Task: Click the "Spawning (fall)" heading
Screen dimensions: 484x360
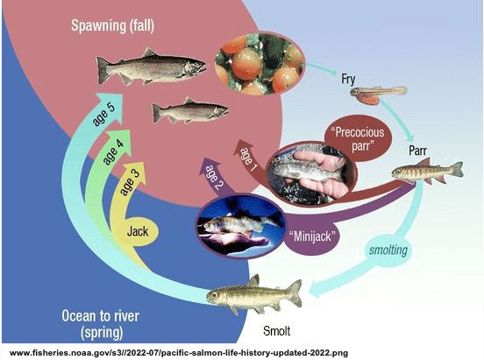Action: point(112,26)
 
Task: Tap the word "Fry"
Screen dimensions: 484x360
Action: point(348,79)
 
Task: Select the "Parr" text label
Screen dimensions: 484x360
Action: point(417,151)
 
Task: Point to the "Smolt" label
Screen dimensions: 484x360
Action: point(276,331)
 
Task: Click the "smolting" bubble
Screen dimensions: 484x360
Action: point(388,250)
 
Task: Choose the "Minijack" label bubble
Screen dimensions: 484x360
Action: point(312,236)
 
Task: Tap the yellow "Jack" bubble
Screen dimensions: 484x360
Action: point(138,231)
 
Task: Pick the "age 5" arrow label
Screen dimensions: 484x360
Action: point(103,115)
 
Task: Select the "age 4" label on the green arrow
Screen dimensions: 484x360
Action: point(113,152)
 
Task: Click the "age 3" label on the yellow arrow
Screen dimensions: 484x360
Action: point(130,182)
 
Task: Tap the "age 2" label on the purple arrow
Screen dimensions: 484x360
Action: point(214,178)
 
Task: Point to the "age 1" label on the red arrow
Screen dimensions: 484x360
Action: point(249,159)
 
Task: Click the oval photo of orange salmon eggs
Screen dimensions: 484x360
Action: point(260,63)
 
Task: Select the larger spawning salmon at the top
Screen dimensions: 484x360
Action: point(151,67)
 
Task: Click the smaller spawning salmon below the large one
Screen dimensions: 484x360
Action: point(190,110)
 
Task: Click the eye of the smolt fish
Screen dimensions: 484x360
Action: point(214,295)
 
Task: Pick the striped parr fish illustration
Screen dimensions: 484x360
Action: point(428,171)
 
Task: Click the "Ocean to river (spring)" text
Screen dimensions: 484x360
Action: point(101,324)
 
